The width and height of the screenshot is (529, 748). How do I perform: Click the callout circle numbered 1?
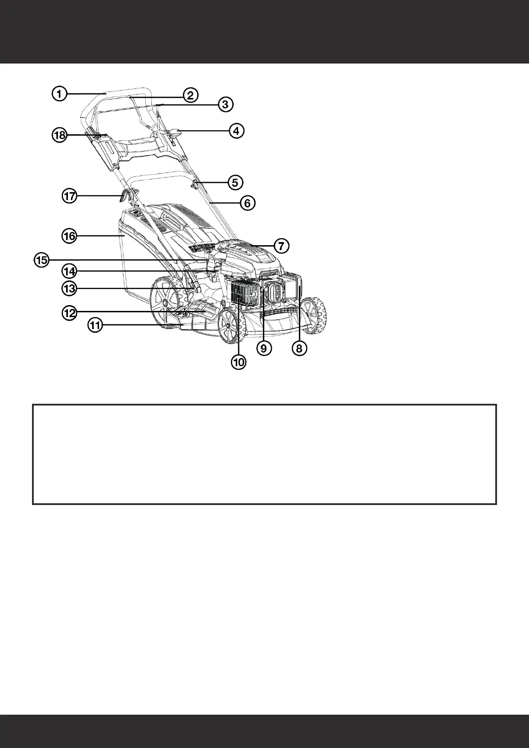(x=59, y=94)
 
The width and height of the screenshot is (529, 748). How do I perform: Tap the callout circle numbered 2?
(x=190, y=95)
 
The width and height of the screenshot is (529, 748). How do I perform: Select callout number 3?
(x=225, y=104)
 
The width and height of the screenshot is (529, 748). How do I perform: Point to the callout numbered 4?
(x=236, y=131)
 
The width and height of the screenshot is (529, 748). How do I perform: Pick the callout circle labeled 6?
(x=247, y=203)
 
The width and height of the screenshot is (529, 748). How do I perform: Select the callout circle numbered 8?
(x=299, y=349)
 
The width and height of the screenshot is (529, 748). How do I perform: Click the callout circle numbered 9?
(x=264, y=349)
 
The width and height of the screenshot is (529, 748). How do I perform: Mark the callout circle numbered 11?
(x=95, y=326)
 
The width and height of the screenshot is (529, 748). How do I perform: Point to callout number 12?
(x=69, y=313)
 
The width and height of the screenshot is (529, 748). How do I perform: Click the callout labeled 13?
(x=69, y=289)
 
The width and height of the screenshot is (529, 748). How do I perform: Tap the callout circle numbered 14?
(x=69, y=270)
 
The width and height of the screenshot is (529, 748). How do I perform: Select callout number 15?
(x=42, y=260)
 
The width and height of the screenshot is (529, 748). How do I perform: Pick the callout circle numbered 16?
(x=69, y=236)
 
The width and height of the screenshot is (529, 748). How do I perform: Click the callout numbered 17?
(x=70, y=196)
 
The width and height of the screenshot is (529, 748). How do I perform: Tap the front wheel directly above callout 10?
(x=230, y=326)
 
